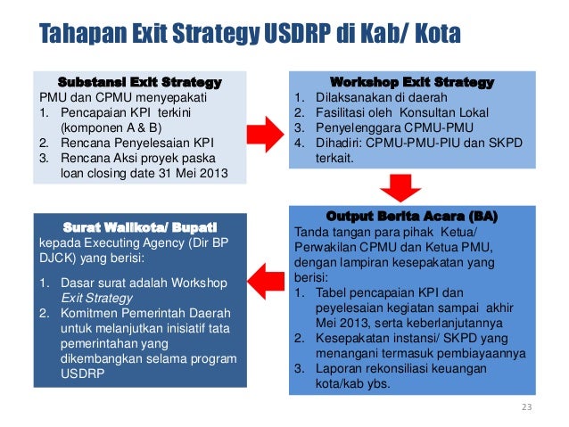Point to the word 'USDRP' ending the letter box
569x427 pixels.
[81, 374]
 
